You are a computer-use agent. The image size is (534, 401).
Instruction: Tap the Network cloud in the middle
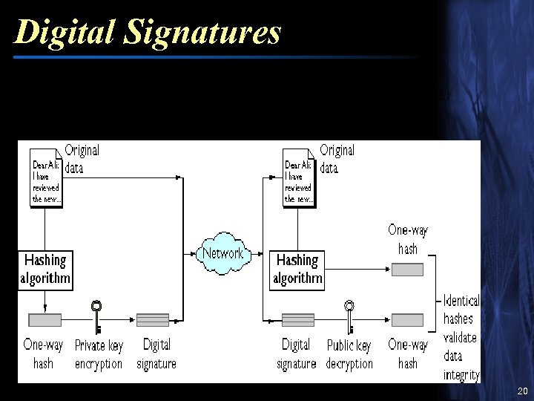(x=222, y=253)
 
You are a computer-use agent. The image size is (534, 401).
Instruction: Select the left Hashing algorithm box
(x=45, y=270)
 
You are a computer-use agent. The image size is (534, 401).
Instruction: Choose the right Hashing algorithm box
(x=297, y=270)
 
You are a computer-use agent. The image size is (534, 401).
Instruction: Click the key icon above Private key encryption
(x=96, y=316)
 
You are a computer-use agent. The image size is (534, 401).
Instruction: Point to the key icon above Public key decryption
(x=349, y=316)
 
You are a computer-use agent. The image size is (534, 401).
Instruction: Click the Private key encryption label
(x=99, y=354)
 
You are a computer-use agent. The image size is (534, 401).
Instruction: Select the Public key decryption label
(x=349, y=354)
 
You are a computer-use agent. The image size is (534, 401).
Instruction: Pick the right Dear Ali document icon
(x=299, y=178)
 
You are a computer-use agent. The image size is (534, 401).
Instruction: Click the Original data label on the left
(x=82, y=159)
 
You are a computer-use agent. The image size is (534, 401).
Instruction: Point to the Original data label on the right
(x=337, y=159)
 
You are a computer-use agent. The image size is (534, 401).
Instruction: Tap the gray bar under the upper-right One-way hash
(x=407, y=269)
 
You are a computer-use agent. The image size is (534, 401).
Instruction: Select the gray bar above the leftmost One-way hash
(x=44, y=320)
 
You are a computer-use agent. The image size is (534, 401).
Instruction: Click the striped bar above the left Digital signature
(x=153, y=320)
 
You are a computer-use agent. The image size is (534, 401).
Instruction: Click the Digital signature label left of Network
(x=156, y=354)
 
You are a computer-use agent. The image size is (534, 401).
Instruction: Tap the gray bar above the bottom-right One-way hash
(x=407, y=320)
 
